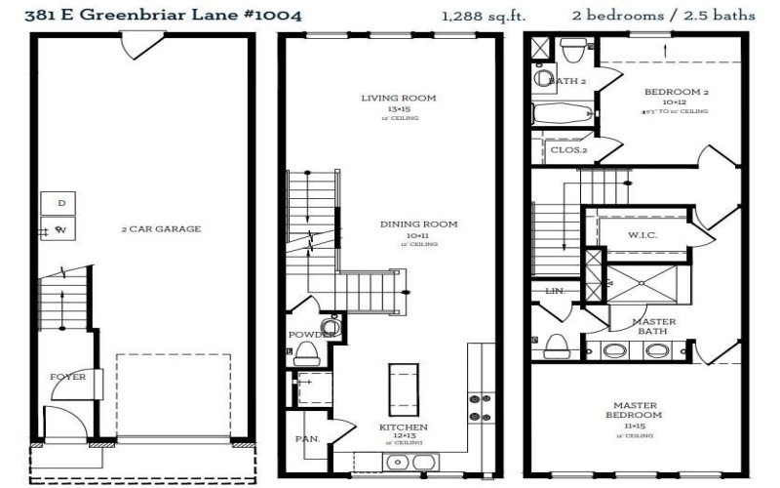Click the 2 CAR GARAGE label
[161, 229]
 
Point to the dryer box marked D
[60, 203]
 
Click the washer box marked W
[60, 230]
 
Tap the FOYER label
[68, 376]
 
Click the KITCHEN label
[403, 427]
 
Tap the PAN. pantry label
[308, 439]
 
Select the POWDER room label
[304, 335]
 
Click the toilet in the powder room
[307, 352]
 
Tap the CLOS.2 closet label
[568, 150]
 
